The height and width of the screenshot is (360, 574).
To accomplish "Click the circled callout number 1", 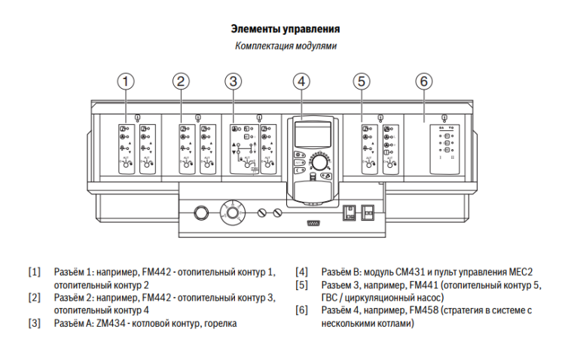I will (128, 81).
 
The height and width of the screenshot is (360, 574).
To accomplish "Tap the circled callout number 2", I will (181, 81).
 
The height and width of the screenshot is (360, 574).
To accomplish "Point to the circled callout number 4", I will (302, 81).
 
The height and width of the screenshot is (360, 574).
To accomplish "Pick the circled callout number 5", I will (362, 81).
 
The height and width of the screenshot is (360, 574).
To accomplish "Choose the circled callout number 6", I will (424, 81).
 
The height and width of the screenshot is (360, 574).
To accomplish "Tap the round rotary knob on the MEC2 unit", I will (321, 163).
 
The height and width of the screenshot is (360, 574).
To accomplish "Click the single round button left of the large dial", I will (200, 212).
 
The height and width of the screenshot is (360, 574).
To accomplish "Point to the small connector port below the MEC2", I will (312, 223).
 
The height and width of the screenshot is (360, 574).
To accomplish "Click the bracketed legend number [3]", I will (34, 323).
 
